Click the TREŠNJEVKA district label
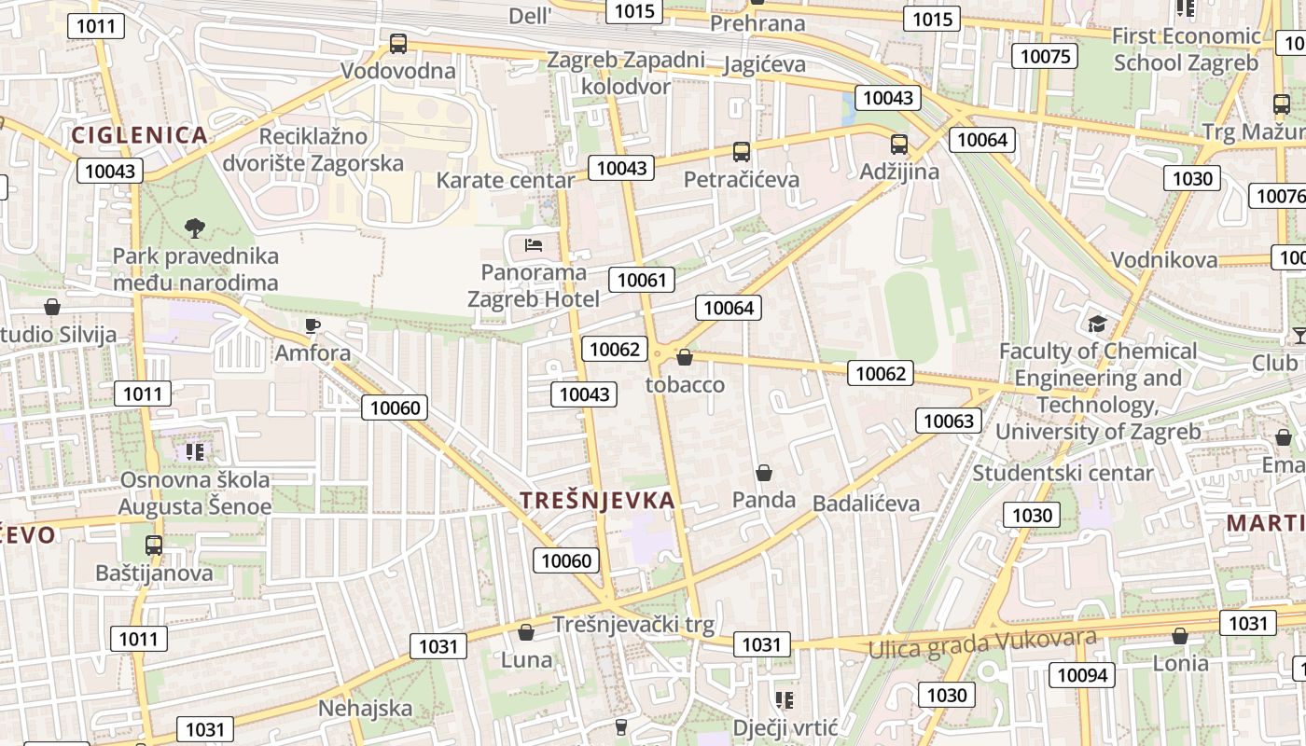597,500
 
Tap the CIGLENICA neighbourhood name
139,134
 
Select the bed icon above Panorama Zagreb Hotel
534,245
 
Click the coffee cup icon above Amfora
313,325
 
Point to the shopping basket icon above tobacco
685,357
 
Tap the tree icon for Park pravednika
194,227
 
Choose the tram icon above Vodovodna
398,43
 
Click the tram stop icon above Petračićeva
742,151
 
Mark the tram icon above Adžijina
899,145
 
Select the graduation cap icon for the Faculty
1097,324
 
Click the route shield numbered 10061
642,279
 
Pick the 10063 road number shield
949,421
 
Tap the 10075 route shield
1046,56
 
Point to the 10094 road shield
1082,674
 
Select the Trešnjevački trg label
633,624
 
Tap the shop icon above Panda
764,473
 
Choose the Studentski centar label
1063,473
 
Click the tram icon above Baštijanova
154,545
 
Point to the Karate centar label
506,180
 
